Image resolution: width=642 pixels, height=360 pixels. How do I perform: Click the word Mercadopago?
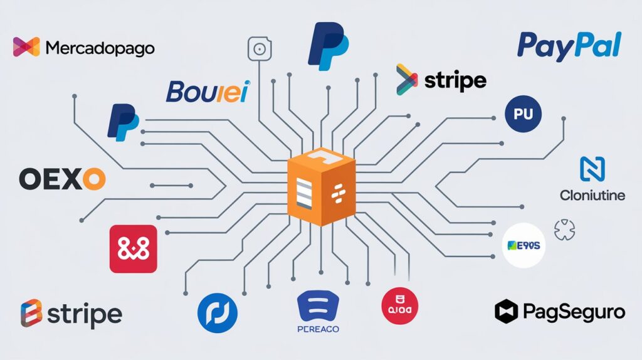[100, 48]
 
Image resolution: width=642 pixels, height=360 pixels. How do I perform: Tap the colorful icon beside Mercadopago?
[26, 47]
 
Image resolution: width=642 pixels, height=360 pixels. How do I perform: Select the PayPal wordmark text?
[569, 46]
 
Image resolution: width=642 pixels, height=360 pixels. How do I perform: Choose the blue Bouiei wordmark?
[208, 92]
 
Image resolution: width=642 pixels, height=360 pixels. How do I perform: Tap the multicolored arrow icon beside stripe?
[407, 80]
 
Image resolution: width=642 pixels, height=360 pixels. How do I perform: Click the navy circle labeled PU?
[522, 114]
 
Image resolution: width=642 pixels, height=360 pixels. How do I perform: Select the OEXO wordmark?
[62, 179]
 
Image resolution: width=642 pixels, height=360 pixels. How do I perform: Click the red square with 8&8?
[133, 249]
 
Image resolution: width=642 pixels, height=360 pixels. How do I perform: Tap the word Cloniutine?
[592, 195]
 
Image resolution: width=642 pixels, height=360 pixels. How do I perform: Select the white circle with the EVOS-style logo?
[524, 245]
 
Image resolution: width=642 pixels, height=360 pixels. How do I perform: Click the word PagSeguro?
[574, 311]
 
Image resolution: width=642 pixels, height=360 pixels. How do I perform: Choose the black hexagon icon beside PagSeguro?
[507, 311]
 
